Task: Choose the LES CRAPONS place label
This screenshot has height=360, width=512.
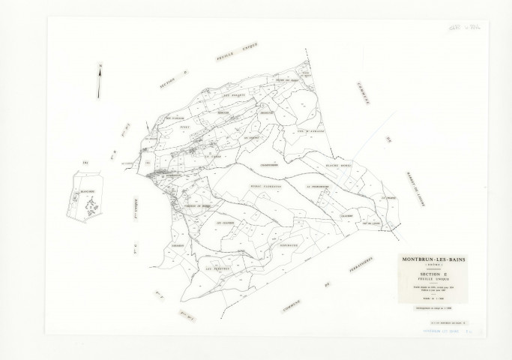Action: click(x=224, y=222)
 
